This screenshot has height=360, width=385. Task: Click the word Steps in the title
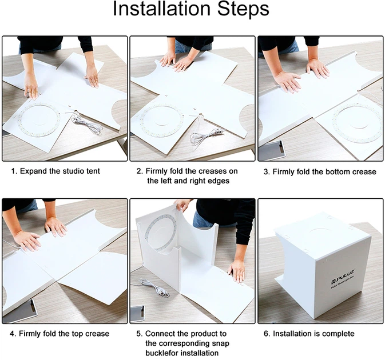click(243, 9)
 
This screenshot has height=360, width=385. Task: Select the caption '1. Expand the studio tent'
click(55, 171)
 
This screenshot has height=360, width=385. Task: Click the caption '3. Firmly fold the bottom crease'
click(320, 171)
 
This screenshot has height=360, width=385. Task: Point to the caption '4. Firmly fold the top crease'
click(59, 334)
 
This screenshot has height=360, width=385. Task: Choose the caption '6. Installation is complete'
click(309, 334)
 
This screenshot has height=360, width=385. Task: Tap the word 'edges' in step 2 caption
click(217, 181)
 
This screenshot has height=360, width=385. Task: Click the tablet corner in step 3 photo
click(272, 150)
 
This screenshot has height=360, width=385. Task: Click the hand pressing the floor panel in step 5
click(237, 271)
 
